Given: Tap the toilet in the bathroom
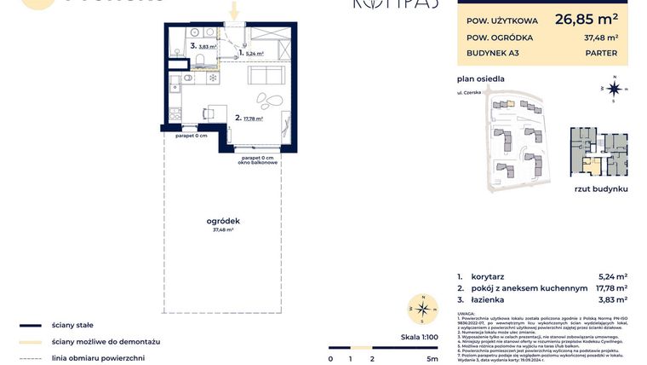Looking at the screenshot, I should pyautogui.click(x=198, y=60).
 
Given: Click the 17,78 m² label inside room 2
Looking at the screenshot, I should pyautogui.click(x=252, y=119).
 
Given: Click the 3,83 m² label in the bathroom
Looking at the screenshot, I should pyautogui.click(x=208, y=47).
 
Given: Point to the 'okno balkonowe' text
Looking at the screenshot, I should pyautogui.click(x=258, y=162).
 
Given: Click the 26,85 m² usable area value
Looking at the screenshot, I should pyautogui.click(x=587, y=18).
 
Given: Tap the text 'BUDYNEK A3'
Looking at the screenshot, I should pyautogui.click(x=493, y=53).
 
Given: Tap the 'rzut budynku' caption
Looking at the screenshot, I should pyautogui.click(x=600, y=188).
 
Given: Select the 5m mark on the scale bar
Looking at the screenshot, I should pyautogui.click(x=432, y=359).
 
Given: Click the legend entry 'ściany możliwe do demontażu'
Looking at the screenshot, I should pyautogui.click(x=106, y=341).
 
